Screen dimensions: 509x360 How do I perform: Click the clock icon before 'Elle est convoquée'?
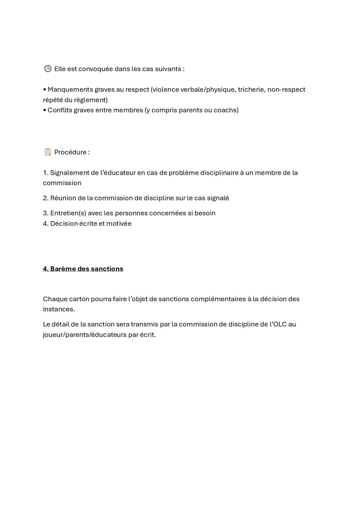[x=48, y=69]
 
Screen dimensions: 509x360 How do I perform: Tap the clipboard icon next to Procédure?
[x=48, y=152]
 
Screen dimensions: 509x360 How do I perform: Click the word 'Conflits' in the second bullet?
[x=60, y=110]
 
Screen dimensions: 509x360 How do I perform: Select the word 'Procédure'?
[x=70, y=152]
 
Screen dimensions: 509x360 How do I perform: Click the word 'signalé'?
[x=218, y=198]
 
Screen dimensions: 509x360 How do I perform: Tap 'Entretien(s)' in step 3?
[x=68, y=213]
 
